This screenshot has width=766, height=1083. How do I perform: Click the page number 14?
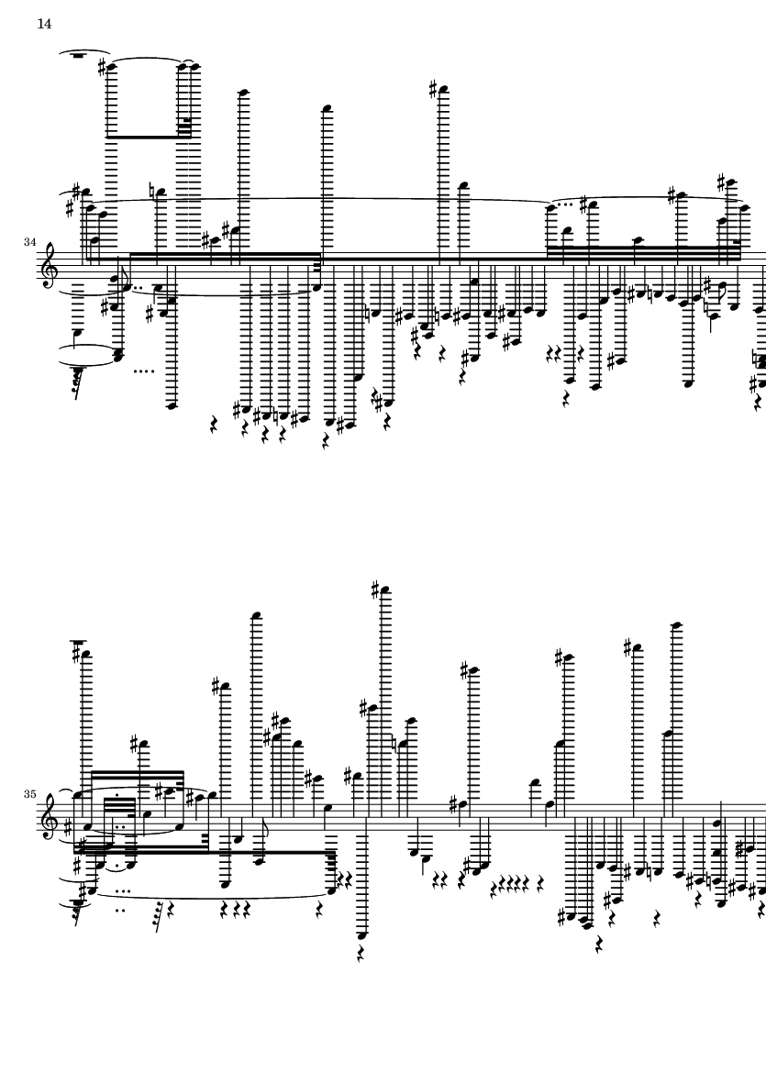(44, 24)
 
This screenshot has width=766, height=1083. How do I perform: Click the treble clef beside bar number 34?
(56, 266)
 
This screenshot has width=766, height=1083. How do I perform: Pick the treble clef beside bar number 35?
(56, 819)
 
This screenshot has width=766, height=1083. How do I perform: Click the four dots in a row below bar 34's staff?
(143, 371)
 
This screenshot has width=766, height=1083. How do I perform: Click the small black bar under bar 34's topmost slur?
(78, 55)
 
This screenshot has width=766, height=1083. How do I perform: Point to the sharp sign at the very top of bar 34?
(436, 89)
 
